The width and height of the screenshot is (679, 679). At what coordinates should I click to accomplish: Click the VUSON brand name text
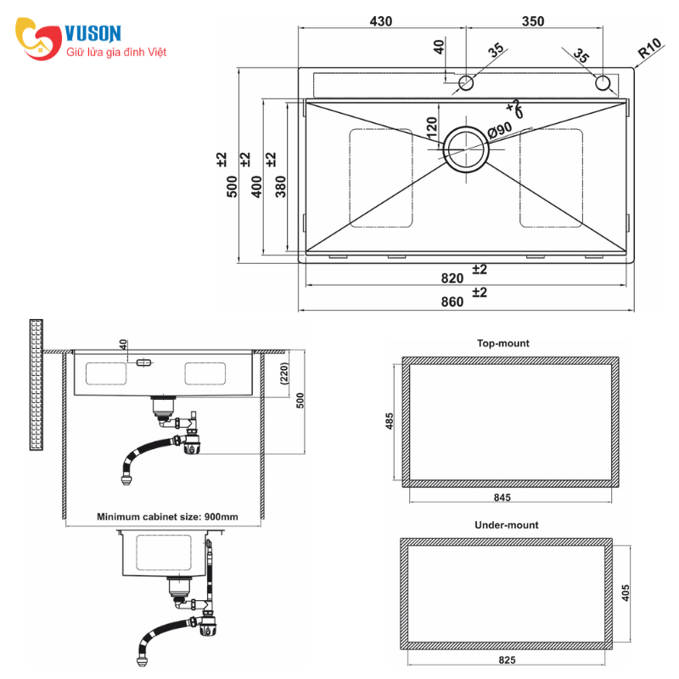coord(93,33)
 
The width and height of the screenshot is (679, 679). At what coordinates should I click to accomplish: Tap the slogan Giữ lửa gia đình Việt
coord(116,53)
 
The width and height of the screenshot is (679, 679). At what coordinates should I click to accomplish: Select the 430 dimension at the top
coord(380,21)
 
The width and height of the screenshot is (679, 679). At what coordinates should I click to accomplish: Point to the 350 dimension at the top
coord(533,21)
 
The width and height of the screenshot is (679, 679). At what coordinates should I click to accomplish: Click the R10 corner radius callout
coord(650,48)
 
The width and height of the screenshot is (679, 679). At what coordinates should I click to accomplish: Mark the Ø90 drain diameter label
coord(500,130)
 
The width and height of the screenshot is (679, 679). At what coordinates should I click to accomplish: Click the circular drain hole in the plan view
coord(466,149)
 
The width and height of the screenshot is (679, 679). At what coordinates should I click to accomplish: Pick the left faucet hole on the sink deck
coord(466,82)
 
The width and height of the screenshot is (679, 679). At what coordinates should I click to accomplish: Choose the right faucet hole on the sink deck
coord(603,82)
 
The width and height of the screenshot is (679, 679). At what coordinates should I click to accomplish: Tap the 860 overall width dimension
coord(452,301)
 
